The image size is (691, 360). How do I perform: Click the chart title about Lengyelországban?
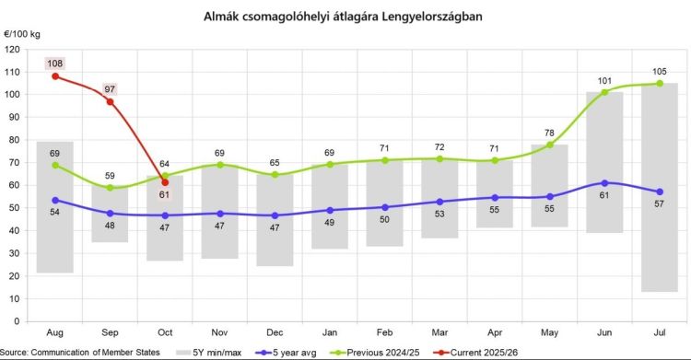(343, 17)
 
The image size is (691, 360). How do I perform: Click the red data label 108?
(55, 64)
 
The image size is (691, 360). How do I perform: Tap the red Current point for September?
(110, 101)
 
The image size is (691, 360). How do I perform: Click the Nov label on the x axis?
(218, 332)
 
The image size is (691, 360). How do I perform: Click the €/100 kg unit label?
(22, 33)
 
